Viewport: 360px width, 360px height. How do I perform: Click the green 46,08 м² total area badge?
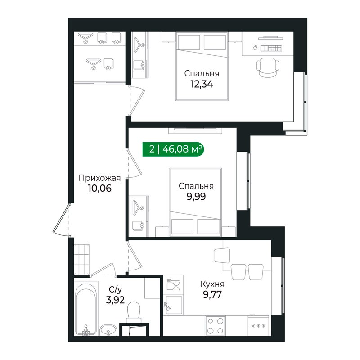pos(173,149)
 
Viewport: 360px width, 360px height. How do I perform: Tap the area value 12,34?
pos(202,84)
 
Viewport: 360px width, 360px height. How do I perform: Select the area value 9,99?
pos(196,197)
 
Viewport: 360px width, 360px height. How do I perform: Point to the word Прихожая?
pos(99,178)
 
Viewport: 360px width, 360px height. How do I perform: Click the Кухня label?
pos(212,284)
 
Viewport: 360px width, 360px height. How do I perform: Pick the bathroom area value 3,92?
pos(115,300)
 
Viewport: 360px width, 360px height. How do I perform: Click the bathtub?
pos(86,308)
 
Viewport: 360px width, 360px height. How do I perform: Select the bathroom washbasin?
pos(108,330)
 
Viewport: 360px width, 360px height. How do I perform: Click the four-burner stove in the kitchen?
pos(215,325)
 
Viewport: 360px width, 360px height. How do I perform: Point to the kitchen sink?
pos(173,305)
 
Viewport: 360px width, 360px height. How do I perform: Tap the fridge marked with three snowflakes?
pos(258,325)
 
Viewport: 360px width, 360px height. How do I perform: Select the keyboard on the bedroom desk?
pos(271,48)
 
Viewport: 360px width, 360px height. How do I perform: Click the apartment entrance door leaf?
pos(61,218)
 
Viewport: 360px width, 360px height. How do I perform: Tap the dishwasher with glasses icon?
pos(173,285)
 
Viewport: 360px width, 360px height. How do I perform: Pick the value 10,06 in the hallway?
pos(99,188)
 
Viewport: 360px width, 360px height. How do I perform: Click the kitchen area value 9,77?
pos(212,294)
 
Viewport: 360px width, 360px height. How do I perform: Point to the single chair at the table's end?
pos(222,255)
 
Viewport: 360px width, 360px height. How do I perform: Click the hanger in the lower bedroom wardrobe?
pos(139,207)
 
